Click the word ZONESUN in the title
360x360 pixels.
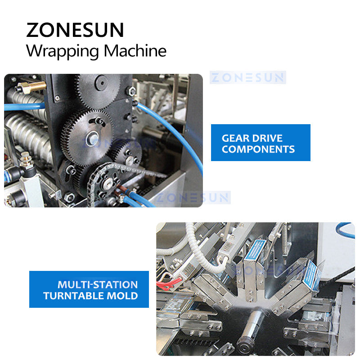(x=75, y=30)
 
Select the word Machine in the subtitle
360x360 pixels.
(x=135, y=50)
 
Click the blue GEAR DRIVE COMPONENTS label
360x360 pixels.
(x=261, y=143)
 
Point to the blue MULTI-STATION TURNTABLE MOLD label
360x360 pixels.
(x=89, y=289)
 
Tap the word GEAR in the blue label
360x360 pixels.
(x=236, y=138)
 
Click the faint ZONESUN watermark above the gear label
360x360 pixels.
(x=248, y=78)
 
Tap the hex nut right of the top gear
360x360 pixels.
(x=131, y=91)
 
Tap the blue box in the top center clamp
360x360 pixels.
(x=255, y=257)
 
